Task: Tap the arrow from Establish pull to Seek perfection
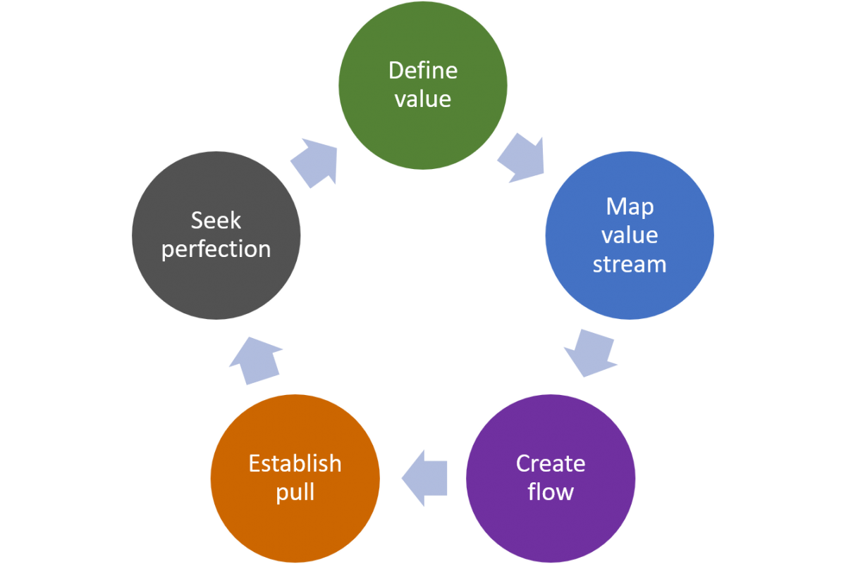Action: (x=256, y=359)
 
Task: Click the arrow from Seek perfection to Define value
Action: (x=314, y=161)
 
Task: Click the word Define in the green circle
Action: (x=423, y=70)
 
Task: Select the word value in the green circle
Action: (x=423, y=99)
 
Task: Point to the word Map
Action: (x=630, y=207)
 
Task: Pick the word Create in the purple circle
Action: (x=551, y=463)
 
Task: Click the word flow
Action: (x=551, y=491)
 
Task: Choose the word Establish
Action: (x=295, y=463)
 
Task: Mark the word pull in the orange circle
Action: (x=295, y=491)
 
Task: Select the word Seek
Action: (x=216, y=220)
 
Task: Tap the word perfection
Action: (x=216, y=249)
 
